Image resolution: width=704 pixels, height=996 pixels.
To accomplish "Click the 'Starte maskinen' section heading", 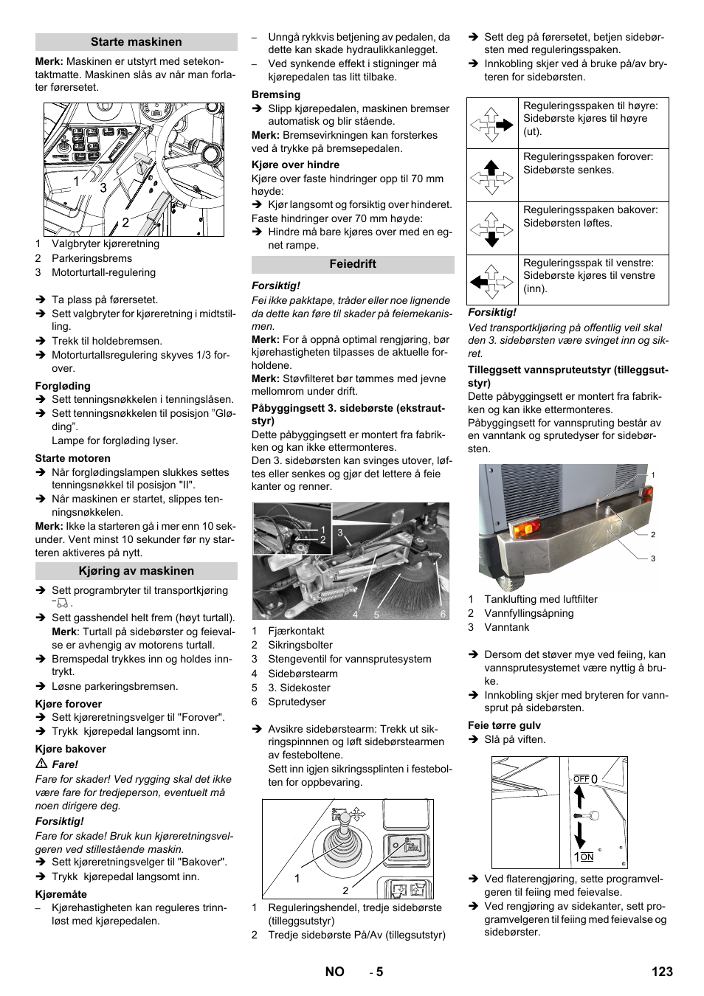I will point(136,42).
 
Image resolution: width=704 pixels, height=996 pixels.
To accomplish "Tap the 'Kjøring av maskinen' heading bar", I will point(136,571).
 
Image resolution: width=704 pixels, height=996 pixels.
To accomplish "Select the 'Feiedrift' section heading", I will point(353,264).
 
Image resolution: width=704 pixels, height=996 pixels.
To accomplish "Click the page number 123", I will point(662,972).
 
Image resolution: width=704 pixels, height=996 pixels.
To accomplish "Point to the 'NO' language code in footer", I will point(334,972).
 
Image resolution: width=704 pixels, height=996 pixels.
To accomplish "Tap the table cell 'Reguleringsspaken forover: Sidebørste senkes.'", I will point(593,164).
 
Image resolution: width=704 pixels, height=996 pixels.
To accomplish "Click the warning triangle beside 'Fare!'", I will point(42,764).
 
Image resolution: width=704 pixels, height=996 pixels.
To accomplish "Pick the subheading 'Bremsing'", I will point(276,94).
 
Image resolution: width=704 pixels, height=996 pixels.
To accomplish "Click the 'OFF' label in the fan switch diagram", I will point(582,779).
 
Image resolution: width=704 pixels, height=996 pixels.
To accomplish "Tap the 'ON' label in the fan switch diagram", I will point(587,857).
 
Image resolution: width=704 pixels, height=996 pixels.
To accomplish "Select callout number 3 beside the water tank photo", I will point(652,558).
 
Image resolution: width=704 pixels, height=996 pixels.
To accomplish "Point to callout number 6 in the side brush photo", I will point(443,614).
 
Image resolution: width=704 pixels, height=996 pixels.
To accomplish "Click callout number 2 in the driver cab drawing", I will point(125,222).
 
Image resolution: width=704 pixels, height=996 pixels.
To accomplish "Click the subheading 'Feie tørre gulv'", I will point(504,725).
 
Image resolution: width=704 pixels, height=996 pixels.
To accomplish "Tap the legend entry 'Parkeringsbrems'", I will point(92,258).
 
